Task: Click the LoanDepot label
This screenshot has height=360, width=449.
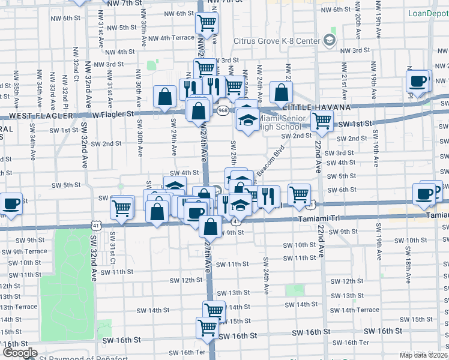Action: tap(429, 13)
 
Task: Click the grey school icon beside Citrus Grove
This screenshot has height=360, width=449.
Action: tap(329, 40)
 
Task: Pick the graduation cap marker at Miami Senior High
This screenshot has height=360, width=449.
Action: tap(247, 119)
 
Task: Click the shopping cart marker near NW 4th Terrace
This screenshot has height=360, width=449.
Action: tap(206, 23)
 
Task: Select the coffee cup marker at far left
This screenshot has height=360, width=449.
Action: tap(11, 203)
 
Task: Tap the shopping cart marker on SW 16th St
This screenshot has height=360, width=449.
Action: tap(207, 327)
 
